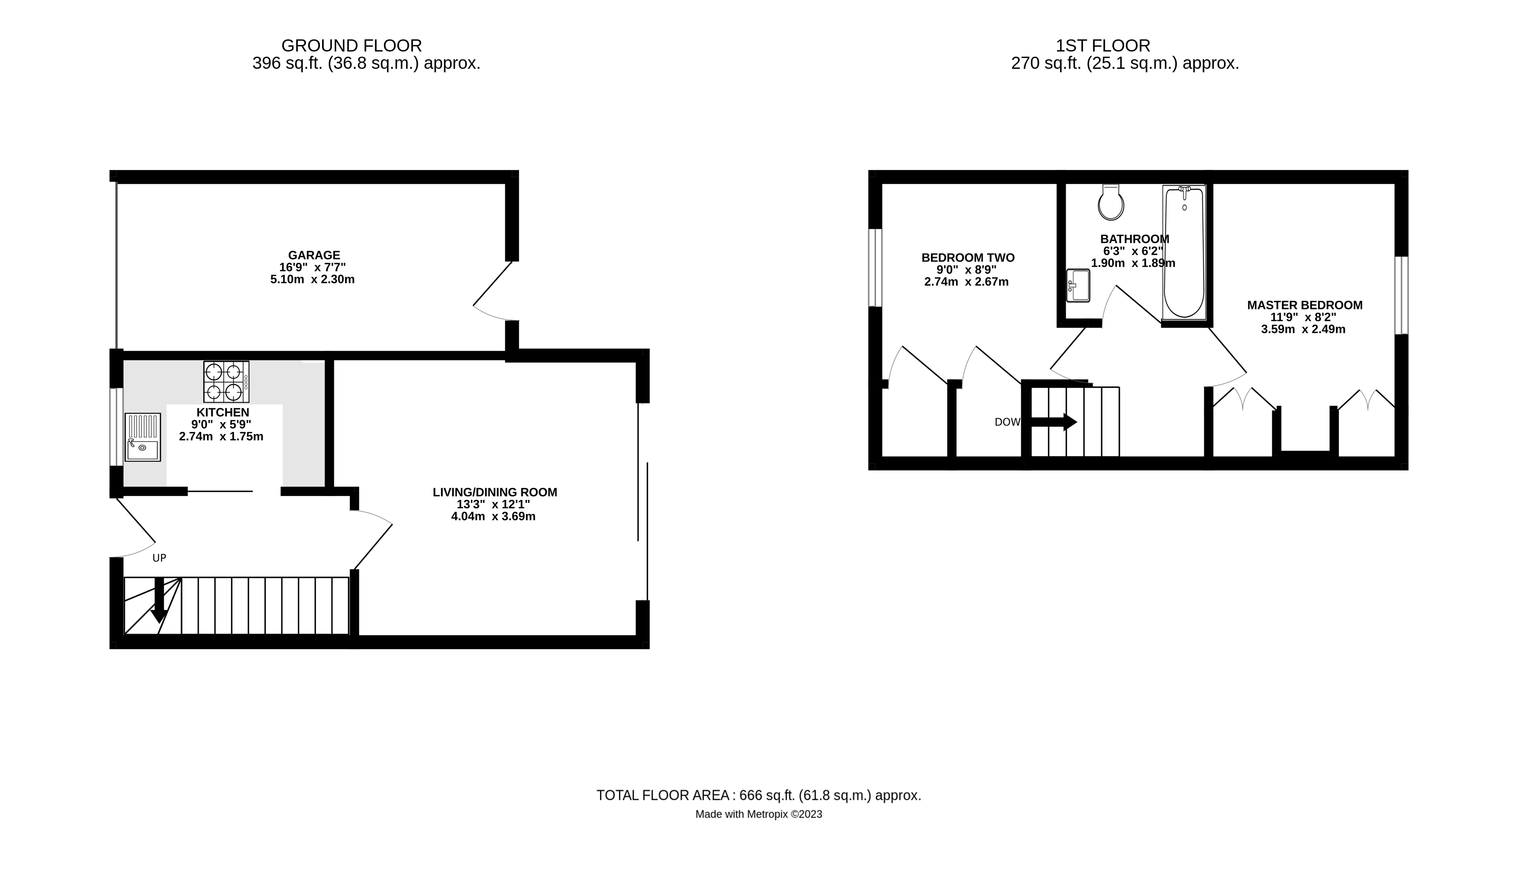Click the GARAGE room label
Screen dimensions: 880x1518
[x=314, y=255]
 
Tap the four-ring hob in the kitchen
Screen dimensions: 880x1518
[x=226, y=382]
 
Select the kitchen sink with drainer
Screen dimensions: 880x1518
[x=143, y=437]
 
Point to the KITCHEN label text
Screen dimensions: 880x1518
[x=223, y=413]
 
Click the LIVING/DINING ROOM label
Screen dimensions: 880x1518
[x=495, y=492]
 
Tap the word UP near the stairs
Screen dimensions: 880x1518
[x=159, y=558]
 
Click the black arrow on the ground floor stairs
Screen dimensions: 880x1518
[x=159, y=600]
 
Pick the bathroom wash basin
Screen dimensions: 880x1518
[x=1078, y=286]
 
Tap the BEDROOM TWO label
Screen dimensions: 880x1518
[x=968, y=258]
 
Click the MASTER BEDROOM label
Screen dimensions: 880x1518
[x=1305, y=305]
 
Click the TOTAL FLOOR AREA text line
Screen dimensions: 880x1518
[x=758, y=795]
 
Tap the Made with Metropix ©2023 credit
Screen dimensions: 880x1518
[x=758, y=814]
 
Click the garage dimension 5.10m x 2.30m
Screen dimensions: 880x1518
[x=313, y=280]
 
